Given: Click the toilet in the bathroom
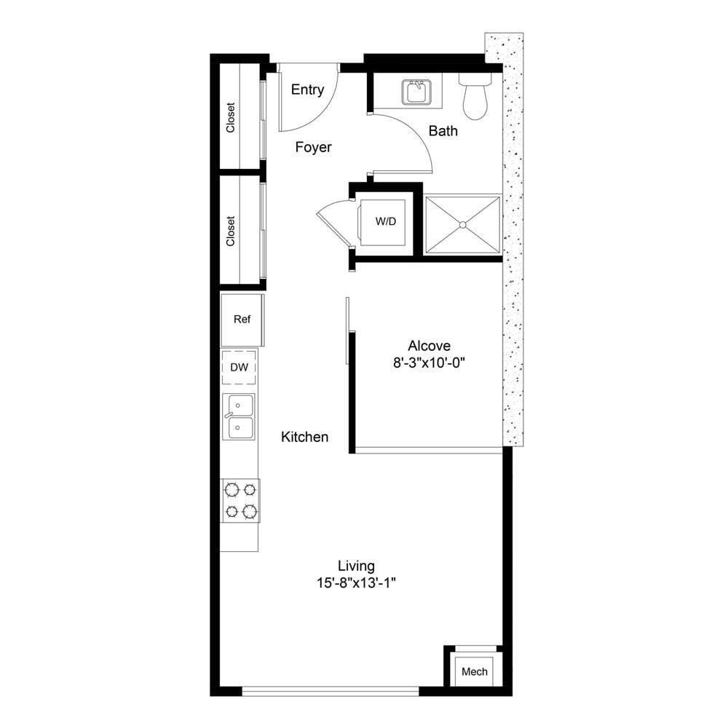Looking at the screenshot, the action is (x=475, y=95).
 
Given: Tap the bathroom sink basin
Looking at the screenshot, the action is (x=416, y=92).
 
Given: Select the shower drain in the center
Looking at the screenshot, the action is (x=462, y=225).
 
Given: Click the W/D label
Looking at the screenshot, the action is (x=386, y=221).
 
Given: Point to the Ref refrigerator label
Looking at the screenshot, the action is (x=242, y=320).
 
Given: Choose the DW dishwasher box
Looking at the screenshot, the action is (x=239, y=367).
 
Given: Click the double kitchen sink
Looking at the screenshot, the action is (x=239, y=416).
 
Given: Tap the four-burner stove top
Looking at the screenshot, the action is (x=240, y=501).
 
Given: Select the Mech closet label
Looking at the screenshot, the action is (x=475, y=671).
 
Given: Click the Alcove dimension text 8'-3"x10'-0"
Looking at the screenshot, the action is (x=429, y=363).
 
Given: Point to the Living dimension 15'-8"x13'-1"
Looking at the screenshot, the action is (x=356, y=582).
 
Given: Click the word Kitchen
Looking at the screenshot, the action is (x=304, y=437).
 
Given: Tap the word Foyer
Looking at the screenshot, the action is (x=313, y=147).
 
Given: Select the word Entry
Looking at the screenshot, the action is (x=307, y=90).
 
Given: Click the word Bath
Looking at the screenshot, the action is (x=443, y=131).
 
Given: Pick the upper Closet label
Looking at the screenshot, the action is (x=230, y=117).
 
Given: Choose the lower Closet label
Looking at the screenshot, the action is (x=230, y=231).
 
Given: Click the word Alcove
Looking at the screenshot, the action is (x=429, y=345).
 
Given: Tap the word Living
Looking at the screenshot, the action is (x=356, y=566).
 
